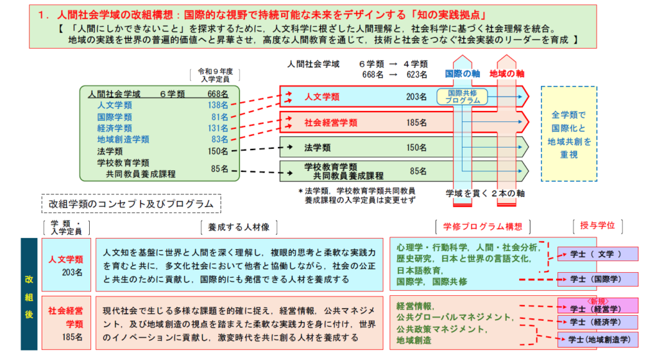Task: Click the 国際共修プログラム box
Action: tap(463, 96)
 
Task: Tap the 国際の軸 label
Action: tap(463, 74)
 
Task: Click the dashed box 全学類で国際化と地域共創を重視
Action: tap(568, 134)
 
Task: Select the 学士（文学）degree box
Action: tap(597, 254)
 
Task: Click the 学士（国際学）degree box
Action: tap(597, 279)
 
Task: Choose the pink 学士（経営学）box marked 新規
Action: tap(597, 306)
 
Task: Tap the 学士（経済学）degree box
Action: tap(597, 321)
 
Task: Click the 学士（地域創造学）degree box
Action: tap(597, 339)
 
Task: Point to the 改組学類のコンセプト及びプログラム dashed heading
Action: tap(132, 204)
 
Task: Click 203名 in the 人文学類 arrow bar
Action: tap(416, 97)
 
